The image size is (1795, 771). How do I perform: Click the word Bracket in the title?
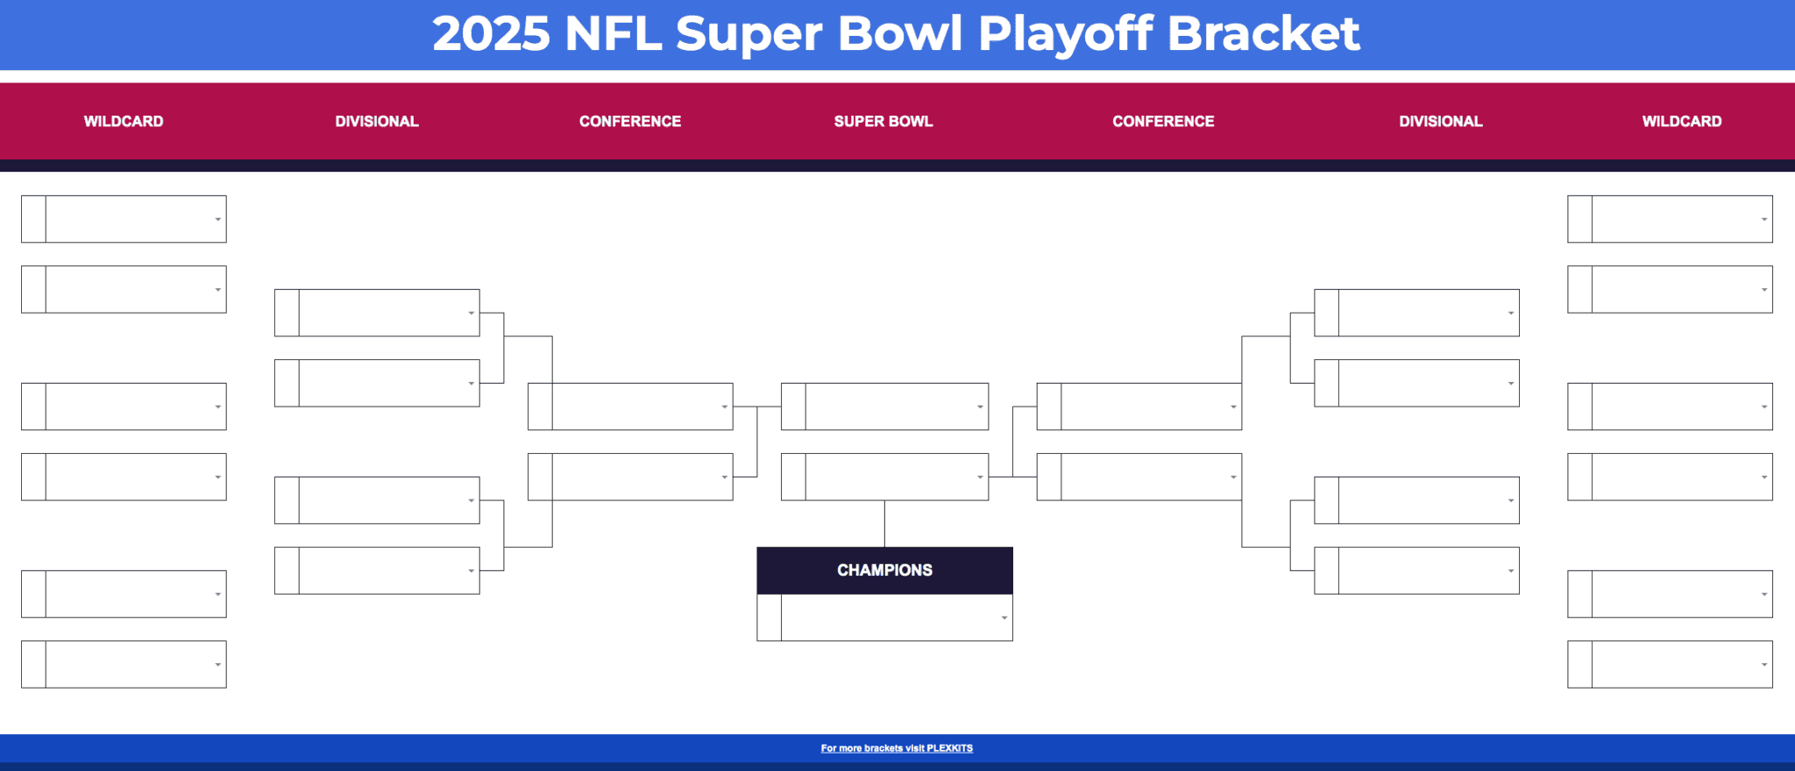tap(1263, 33)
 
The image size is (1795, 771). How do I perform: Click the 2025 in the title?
tap(491, 33)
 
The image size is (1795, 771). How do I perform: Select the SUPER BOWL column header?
tap(883, 121)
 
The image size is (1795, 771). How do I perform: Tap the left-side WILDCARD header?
tap(124, 121)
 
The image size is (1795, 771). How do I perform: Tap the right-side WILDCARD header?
tap(1681, 121)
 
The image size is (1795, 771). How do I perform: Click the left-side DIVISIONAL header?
tap(377, 121)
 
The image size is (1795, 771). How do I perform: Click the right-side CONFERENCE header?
tap(1163, 121)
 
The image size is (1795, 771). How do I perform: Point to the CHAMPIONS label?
tap(884, 570)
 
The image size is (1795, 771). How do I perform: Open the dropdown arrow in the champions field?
tap(1004, 618)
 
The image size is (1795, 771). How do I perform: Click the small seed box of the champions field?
tap(770, 618)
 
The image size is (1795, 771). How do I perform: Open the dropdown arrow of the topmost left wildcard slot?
tap(218, 219)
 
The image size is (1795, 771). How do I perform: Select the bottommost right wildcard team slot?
tap(1674, 664)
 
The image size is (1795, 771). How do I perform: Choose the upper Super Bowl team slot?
tap(890, 407)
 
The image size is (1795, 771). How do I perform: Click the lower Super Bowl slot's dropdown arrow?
tap(980, 477)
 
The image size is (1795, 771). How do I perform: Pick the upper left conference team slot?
tap(635, 407)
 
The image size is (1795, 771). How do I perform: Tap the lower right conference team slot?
tap(1144, 477)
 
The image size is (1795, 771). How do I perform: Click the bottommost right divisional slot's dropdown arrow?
tap(1511, 570)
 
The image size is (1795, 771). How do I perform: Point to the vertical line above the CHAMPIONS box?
tap(884, 524)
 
